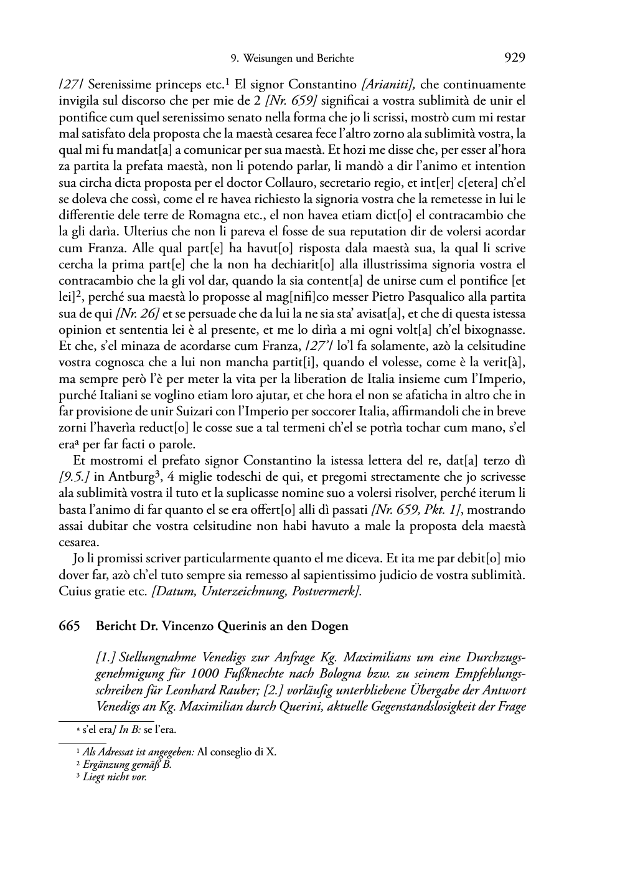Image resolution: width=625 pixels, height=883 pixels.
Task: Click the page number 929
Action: point(514,59)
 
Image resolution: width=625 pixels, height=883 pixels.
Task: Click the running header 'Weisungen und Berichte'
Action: point(300,59)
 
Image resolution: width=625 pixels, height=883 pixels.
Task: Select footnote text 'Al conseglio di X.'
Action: point(237,752)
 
